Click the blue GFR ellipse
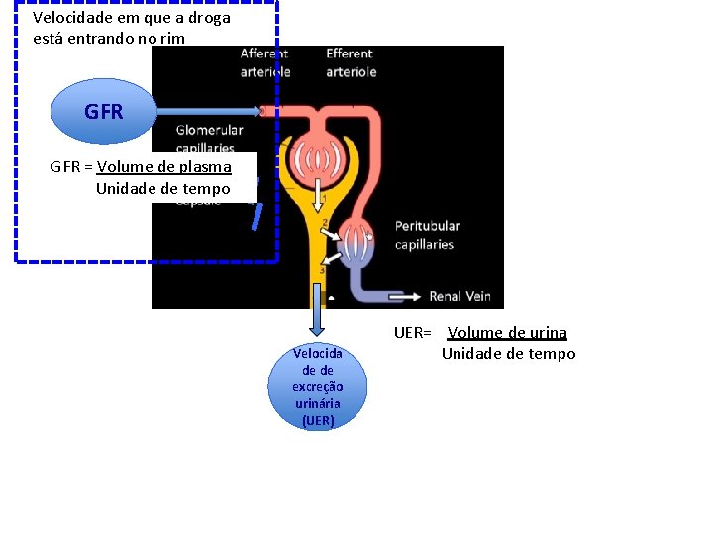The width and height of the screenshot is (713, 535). coord(104,112)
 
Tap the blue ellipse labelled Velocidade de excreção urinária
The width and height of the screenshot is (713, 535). coord(317,386)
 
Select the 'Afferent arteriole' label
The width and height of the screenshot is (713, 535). coord(264,62)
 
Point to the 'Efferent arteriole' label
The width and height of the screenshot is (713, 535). coord(350,62)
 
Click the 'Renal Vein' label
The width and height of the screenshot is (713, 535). coord(460,296)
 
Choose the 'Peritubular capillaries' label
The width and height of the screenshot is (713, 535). coord(427,235)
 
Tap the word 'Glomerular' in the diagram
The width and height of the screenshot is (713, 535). coord(209,130)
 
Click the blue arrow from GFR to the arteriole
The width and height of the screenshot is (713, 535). coord(208,110)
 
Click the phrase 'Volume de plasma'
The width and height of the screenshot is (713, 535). coord(164,166)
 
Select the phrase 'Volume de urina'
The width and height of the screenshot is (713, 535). coord(508,333)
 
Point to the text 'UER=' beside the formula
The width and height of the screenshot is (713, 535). coord(412,333)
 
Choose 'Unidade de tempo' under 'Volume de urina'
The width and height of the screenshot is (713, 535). coord(508,354)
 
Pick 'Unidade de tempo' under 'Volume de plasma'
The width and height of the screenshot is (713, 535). coord(162,188)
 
